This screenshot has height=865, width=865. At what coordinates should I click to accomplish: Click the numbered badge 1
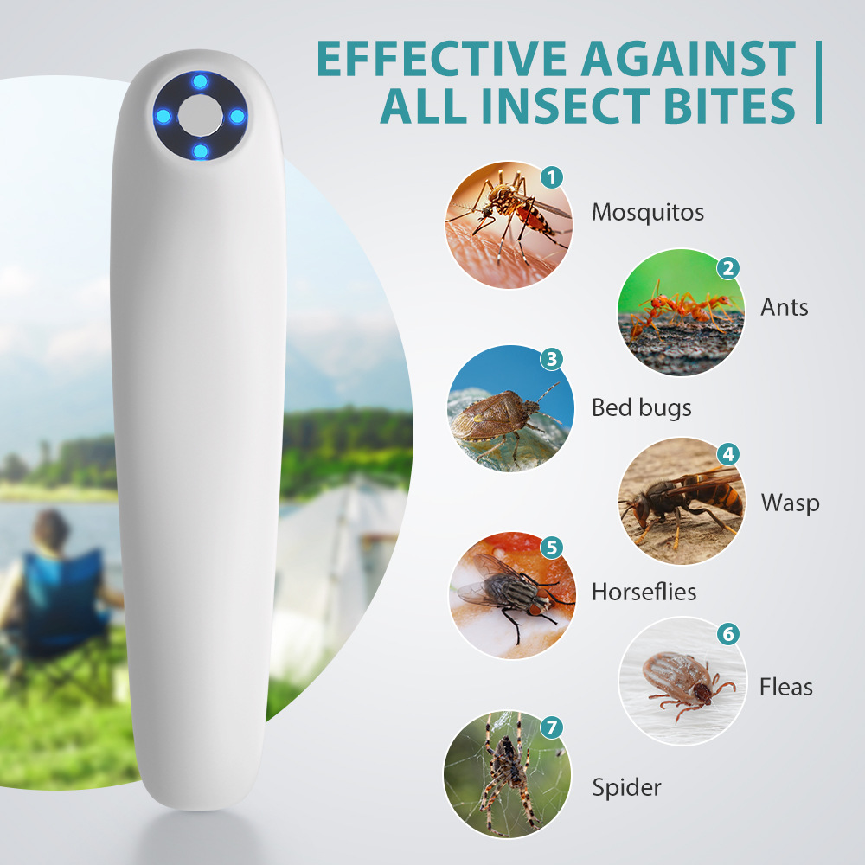[x=551, y=178]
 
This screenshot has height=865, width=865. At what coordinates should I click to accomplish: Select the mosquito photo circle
[x=509, y=224]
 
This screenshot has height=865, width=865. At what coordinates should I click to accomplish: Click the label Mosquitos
[x=647, y=212]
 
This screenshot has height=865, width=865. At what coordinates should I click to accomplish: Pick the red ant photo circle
[x=680, y=312]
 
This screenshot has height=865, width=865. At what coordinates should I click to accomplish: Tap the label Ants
[x=785, y=307]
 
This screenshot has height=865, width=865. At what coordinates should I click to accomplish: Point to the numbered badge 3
[x=551, y=359]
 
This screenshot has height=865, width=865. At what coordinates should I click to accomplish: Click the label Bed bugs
[x=641, y=407]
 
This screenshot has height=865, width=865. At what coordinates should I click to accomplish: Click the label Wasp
[x=790, y=503]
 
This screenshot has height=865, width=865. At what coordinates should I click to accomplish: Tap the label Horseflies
[x=644, y=592]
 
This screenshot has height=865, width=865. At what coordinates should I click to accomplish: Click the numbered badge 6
[x=727, y=634]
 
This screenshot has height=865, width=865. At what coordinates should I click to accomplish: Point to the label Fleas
[x=786, y=687]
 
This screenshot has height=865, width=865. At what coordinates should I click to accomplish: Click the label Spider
[x=626, y=787]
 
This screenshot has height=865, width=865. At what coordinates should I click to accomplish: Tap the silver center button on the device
[x=201, y=115]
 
